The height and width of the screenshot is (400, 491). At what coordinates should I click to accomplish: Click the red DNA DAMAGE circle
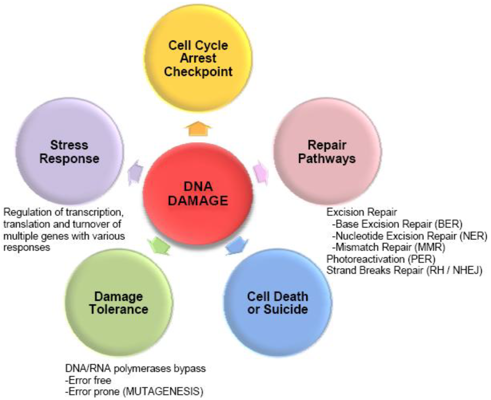(x=198, y=194)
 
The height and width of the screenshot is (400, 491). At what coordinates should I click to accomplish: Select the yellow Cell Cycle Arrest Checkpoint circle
(x=198, y=59)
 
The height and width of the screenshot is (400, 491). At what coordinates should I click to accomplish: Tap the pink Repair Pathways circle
(x=327, y=151)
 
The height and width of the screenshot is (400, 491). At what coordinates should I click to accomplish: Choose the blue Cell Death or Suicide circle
(x=277, y=302)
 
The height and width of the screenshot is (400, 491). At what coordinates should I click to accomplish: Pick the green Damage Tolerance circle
(x=118, y=302)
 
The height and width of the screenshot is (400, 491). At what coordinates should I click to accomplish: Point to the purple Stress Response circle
(x=70, y=151)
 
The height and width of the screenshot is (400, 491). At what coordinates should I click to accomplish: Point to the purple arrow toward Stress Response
(x=135, y=172)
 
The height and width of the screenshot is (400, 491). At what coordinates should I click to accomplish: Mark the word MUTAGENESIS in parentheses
(x=163, y=391)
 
